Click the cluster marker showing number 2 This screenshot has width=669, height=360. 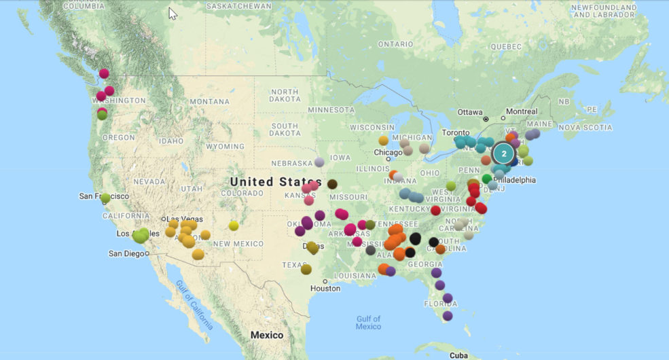coord(504,154)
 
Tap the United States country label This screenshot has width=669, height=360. coord(276,182)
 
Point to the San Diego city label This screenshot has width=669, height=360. coord(126,254)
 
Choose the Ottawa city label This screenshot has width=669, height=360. coord(469,111)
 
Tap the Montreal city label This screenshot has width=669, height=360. coord(522,111)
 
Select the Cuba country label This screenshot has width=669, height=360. coord(458,355)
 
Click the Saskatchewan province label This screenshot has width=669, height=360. coord(234,5)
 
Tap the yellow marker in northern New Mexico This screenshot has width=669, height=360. coord(234,226)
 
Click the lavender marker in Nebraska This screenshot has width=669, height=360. coord(319,162)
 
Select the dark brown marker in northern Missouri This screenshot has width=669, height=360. coord(332,184)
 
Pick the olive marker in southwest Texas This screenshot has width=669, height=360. coord(306,270)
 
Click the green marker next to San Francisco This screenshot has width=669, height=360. coord(105,198)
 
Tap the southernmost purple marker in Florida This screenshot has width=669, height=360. coord(448,315)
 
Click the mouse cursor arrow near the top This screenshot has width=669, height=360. coord(172,13)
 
